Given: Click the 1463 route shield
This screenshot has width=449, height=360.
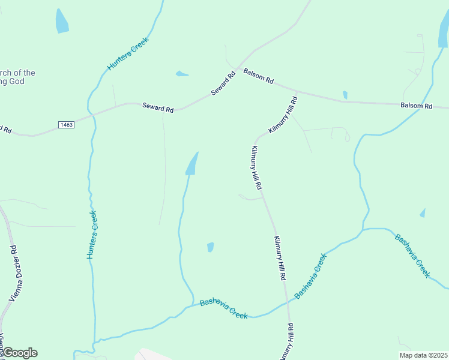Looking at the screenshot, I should [x=66, y=124].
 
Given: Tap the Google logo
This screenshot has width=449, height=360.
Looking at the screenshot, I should [x=20, y=353].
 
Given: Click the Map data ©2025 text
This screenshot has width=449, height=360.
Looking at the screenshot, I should [x=423, y=355].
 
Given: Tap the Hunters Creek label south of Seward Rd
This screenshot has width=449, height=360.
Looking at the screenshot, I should [x=91, y=235].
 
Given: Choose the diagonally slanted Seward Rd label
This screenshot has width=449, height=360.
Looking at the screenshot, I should [x=223, y=84].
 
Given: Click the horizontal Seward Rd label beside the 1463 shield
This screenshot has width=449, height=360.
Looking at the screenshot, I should [x=158, y=108].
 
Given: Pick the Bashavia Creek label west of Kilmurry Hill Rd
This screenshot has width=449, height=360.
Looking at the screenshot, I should [x=223, y=308].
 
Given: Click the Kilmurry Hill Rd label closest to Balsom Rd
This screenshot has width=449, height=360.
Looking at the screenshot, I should [x=283, y=115].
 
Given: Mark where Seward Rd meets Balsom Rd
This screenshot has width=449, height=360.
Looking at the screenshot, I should [x=238, y=70].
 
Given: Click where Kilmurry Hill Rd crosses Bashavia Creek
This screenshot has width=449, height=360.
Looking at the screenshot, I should [x=288, y=303].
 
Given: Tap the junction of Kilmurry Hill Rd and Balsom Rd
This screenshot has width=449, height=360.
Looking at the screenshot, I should [x=297, y=93].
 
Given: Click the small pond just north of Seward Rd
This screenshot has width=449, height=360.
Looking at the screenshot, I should [x=181, y=74].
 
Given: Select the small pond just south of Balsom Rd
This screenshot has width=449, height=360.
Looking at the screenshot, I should [x=345, y=95].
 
